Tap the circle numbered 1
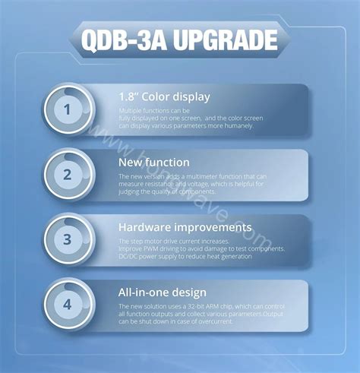[x=67, y=109]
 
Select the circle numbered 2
[x=67, y=175]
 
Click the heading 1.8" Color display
[x=164, y=96]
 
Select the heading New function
[x=154, y=162]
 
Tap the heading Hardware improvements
[x=185, y=227]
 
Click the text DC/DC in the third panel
[x=128, y=257]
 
